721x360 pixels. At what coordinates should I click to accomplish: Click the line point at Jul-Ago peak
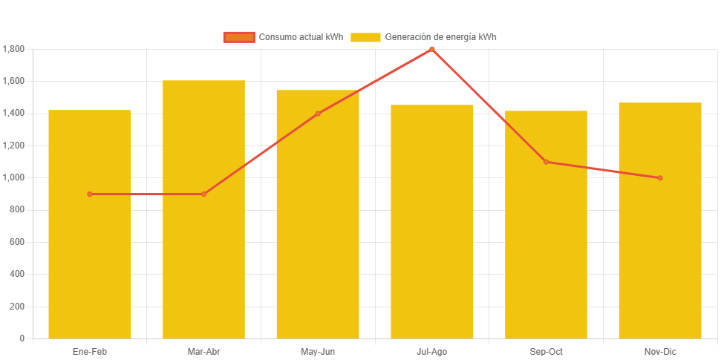431,49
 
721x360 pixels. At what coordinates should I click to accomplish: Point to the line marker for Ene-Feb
90,194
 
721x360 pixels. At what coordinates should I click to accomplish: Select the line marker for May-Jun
318,114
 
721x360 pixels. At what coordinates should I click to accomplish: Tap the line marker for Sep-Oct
546,162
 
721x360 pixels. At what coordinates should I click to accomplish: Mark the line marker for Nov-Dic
660,178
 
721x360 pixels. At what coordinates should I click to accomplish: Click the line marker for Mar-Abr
203,194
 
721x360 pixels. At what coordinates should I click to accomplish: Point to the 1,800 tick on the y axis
13,49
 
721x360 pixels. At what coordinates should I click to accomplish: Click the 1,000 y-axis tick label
13,177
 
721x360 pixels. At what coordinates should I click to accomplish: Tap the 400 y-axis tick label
17,274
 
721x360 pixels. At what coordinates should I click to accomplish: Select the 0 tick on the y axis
22,338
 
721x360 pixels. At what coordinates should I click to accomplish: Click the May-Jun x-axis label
318,352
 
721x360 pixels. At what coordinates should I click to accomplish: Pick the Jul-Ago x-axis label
431,352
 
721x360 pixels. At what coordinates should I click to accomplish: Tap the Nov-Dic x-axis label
660,352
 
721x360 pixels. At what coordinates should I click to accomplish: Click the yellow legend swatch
365,37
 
